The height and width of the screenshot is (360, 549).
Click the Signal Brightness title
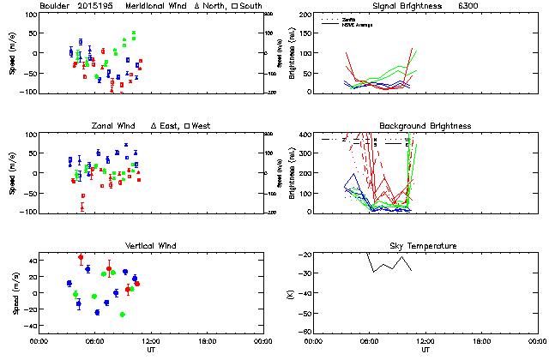(x=413, y=6)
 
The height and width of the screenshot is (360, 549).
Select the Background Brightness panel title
(x=425, y=126)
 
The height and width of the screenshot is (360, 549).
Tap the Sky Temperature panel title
(x=425, y=246)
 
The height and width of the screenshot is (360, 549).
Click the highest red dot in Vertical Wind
(x=81, y=257)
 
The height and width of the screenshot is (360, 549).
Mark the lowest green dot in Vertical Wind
(x=123, y=315)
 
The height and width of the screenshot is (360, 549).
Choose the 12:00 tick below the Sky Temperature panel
(x=425, y=341)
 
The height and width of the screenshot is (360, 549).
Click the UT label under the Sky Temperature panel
(x=425, y=351)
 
